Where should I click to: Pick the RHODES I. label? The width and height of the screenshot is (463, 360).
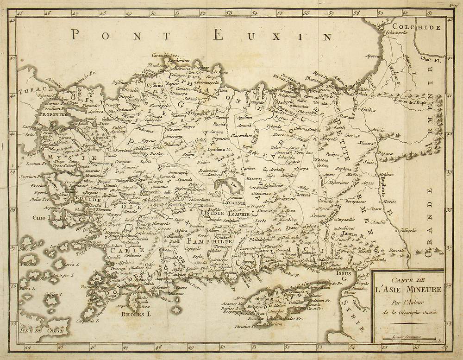tap(137, 314)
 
